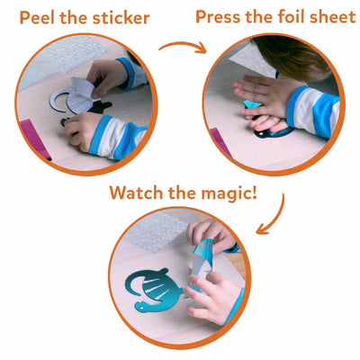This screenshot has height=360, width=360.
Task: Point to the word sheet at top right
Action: [x=330, y=17]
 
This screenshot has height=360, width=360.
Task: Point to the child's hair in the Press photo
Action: [x=297, y=54]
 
